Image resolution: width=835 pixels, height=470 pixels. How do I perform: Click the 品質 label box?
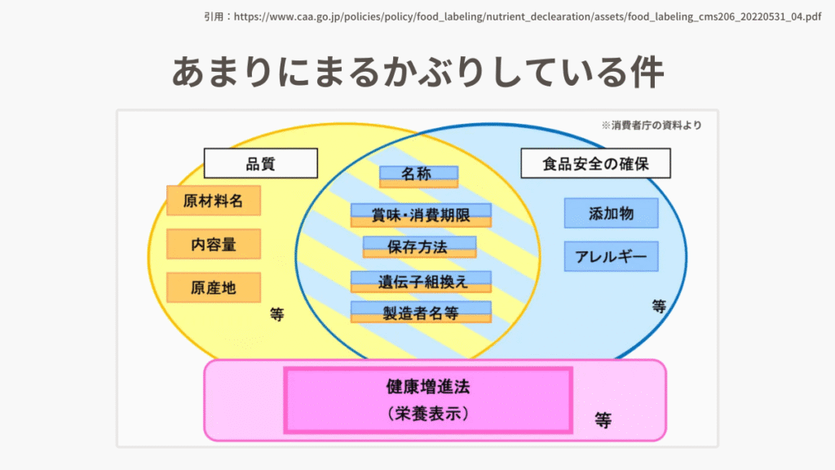261,163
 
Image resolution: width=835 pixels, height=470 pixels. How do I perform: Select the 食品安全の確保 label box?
595,163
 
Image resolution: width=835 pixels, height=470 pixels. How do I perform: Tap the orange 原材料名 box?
214,201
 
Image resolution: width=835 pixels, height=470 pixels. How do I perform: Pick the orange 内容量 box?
214,244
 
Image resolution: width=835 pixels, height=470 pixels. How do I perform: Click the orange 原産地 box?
214,288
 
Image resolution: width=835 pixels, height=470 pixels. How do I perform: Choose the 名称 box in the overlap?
418,176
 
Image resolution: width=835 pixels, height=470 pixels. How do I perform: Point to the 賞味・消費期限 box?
421,215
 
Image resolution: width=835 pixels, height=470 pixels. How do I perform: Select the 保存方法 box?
420,247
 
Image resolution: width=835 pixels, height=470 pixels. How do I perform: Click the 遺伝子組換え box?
421,282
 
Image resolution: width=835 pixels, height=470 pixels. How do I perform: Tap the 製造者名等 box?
421,313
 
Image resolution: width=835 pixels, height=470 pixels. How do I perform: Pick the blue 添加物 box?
612,213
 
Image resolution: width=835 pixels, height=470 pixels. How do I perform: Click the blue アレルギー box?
612,256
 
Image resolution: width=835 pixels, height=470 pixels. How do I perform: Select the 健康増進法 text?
428,387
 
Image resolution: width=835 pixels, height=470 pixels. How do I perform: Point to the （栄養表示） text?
428,414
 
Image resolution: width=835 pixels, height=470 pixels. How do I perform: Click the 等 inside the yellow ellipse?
277,314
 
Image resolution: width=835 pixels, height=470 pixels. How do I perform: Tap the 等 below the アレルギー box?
659,306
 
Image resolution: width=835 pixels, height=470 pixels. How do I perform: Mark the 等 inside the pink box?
603,420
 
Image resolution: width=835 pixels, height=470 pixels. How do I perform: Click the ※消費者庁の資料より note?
652,125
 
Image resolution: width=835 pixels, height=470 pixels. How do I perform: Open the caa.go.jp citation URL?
528,16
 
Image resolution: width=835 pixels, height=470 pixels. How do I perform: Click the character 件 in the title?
647,72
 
